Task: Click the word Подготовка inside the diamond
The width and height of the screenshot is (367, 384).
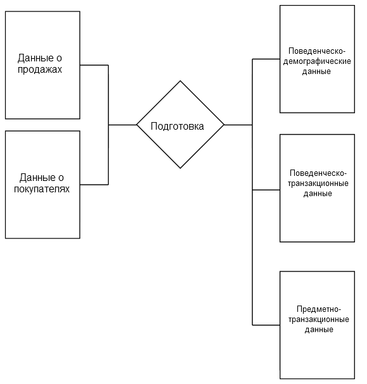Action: pos(177,127)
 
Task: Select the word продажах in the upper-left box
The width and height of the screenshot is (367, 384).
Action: pos(40,70)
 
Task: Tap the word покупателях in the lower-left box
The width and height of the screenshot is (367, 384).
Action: pos(42,189)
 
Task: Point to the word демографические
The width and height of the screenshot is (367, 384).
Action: pos(317,61)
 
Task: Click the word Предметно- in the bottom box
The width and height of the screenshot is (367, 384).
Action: pos(319,309)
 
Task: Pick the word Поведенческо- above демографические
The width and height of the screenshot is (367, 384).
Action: pos(317,51)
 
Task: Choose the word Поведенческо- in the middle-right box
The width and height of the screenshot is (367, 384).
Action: pos(318,173)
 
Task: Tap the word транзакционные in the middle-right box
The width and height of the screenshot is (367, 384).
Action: pos(318,183)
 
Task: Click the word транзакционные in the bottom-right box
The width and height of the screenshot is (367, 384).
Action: pos(319,319)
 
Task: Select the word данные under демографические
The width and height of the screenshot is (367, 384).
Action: pos(316,71)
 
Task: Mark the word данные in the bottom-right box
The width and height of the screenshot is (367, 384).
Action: pos(319,330)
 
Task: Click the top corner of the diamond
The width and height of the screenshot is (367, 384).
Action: pos(180,81)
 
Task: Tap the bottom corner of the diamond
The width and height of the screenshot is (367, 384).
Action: pos(180,168)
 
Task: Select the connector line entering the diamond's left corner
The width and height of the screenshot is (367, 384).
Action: pos(123,125)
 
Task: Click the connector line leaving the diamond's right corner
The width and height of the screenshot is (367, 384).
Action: pos(238,125)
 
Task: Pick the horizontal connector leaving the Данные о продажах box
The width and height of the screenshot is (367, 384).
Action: pos(94,65)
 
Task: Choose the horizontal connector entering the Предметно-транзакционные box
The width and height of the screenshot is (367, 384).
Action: pos(266,325)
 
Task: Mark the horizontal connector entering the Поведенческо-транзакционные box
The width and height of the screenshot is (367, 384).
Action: pos(266,190)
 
